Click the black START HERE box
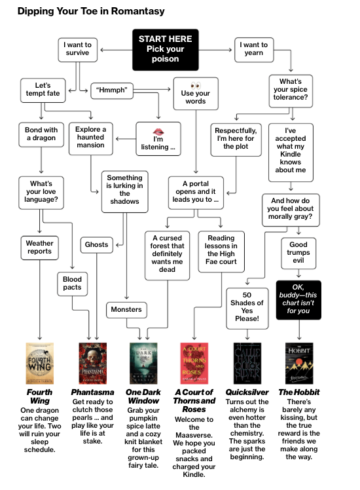pos(165,50)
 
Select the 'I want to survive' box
pos(77,50)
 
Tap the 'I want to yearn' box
pos(254,50)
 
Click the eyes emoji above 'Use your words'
pos(196,86)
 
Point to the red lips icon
pos(158,132)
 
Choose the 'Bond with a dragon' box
pos(41,135)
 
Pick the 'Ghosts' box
pos(96,245)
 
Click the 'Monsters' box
pos(126,310)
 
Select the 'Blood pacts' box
pos(72,284)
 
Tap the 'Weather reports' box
pos(40,248)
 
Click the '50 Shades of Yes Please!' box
pos(247,308)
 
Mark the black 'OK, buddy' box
pos(298,299)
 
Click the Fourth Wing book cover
pos(40,363)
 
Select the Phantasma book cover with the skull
pos(93,363)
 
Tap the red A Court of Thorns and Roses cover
pos(194,363)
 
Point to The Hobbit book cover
pos(299,363)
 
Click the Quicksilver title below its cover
pos(247,392)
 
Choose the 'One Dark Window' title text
pos(143,396)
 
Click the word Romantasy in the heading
pos(137,11)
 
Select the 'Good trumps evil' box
pos(298,253)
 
